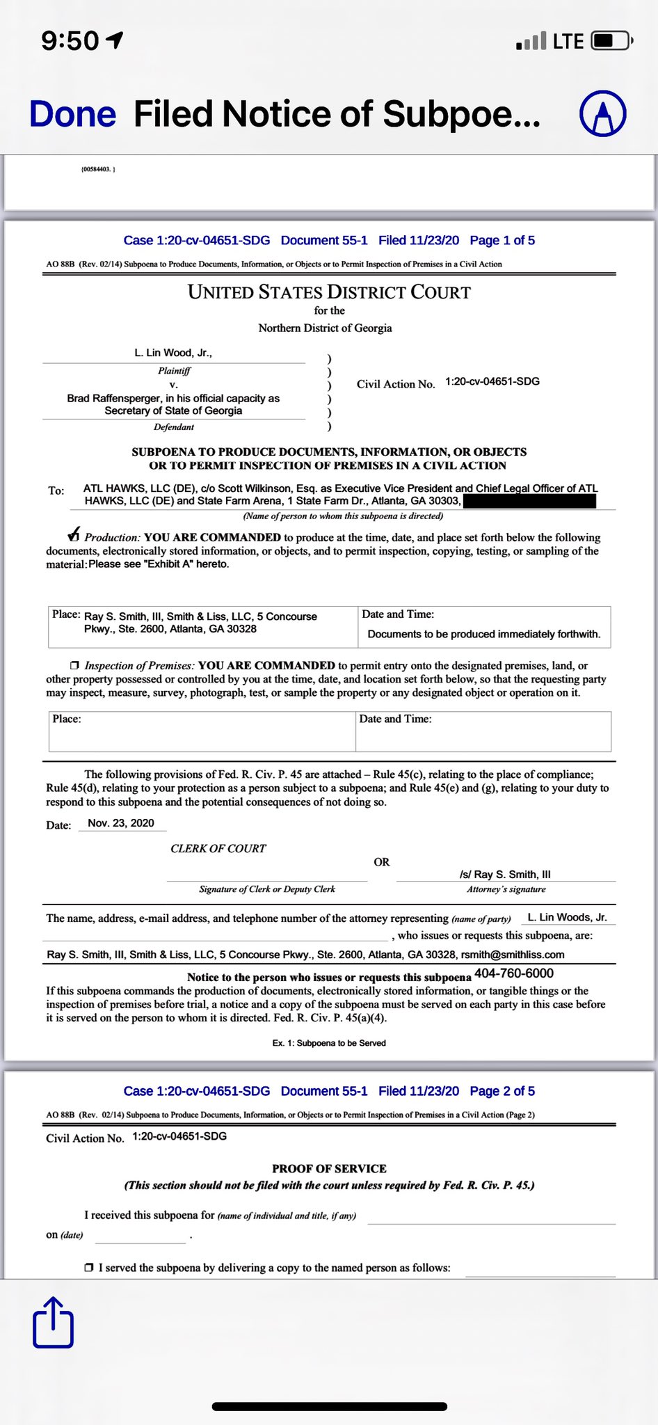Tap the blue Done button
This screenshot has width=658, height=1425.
point(72,115)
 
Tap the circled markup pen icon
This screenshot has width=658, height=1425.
point(603,113)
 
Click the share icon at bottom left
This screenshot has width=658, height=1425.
point(53,1323)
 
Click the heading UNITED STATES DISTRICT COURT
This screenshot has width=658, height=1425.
point(329,292)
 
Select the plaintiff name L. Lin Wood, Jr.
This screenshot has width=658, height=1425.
point(173,353)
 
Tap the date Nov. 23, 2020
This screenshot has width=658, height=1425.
point(121,823)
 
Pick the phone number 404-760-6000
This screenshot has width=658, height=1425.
point(514,973)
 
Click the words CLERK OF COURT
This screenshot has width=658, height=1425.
point(218,849)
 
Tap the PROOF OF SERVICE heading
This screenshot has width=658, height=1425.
point(329,1169)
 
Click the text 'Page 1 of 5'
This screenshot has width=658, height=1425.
point(502,241)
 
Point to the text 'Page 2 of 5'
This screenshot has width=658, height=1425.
point(502,1091)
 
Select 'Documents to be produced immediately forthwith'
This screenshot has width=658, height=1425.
point(483,634)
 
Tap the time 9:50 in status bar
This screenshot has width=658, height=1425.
point(71,41)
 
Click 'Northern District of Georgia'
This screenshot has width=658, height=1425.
point(325,328)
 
